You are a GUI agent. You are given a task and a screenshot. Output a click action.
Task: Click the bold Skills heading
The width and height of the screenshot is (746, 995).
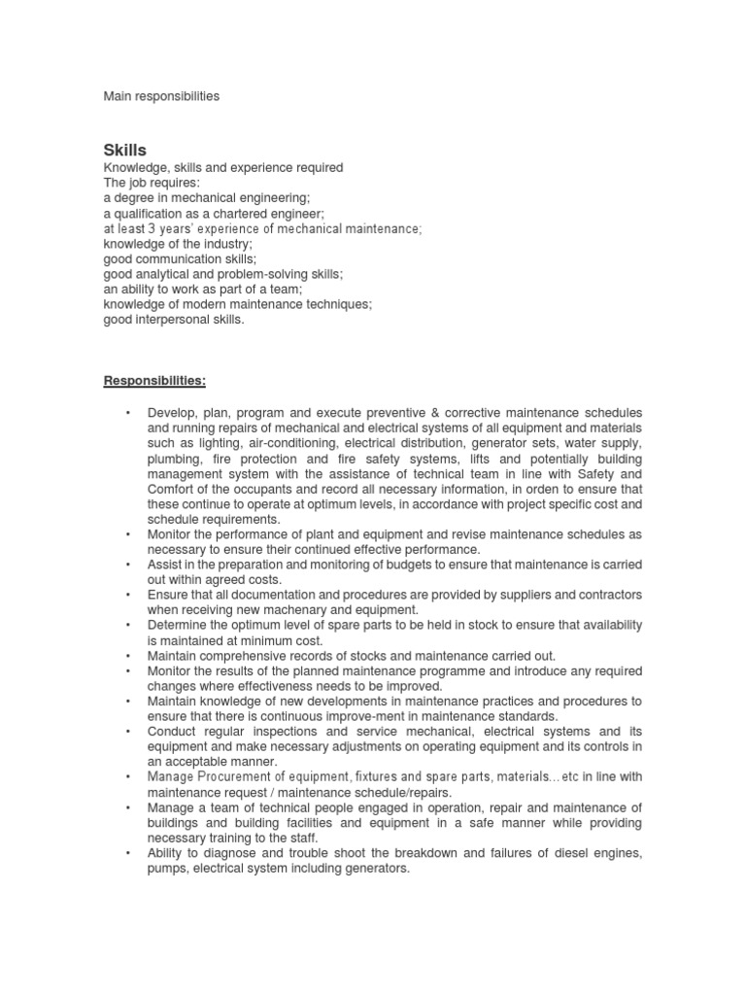point(125,150)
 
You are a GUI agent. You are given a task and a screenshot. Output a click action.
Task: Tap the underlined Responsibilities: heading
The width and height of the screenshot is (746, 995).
point(154,379)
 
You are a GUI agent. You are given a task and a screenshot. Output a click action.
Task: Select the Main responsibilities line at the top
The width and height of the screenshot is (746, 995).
point(161,96)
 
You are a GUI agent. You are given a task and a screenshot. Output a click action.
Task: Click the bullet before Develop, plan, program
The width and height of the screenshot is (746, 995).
point(128,414)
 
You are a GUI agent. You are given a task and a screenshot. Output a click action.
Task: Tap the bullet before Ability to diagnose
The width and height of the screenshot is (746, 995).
point(128,853)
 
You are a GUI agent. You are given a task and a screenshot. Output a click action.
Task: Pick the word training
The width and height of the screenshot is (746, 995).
point(230,838)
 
